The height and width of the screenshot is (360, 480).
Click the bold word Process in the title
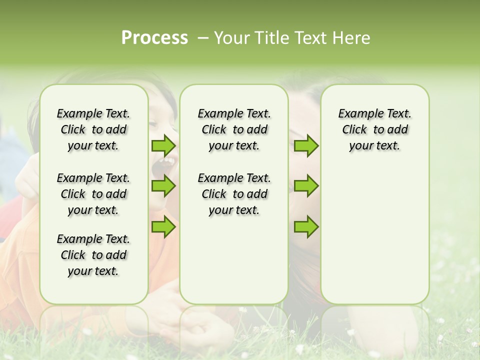coord(154,38)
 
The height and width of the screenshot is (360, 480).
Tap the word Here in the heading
coord(352,38)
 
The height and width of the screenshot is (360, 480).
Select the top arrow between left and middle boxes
coord(163,145)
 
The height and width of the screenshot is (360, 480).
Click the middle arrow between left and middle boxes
coord(163,186)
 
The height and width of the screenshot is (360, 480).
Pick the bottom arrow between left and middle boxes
coord(163,226)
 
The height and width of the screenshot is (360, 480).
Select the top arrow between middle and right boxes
coord(306,145)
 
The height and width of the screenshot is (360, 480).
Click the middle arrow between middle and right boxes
coord(306,186)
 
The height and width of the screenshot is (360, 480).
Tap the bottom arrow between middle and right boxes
coord(306,226)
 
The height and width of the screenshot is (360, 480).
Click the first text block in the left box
coord(93,129)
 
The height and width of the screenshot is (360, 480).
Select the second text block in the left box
coord(93,194)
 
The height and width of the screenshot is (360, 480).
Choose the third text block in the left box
coord(93,255)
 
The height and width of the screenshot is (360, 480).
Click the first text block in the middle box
coord(234,129)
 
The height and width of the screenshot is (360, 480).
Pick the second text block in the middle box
coord(234,194)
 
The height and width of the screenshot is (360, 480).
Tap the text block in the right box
coord(375,129)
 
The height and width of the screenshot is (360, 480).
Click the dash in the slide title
coord(203,38)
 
